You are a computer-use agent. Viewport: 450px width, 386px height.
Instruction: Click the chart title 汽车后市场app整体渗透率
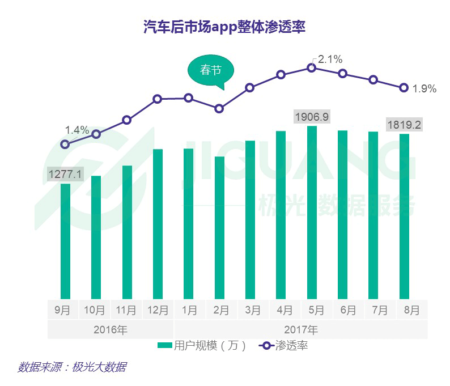pos(224,27)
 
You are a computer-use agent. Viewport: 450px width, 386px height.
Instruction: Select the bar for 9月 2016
pos(65,241)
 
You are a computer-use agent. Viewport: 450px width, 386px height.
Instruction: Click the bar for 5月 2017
pos(312,213)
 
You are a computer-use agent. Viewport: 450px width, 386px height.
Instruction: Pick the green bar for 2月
pos(219,227)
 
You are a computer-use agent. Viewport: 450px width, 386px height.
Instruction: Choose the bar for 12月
pos(158,224)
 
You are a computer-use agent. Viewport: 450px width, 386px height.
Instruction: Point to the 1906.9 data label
pos(312,117)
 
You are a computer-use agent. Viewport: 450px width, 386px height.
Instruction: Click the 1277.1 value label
pos(65,175)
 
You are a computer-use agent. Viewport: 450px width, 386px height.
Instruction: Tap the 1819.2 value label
pos(404,125)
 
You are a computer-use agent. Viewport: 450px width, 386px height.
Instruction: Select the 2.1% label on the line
pos(330,60)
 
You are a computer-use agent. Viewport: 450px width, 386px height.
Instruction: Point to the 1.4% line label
pos(77,130)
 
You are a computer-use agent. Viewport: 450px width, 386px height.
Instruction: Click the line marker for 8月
pos(404,88)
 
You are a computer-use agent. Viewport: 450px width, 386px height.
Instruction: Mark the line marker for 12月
pos(158,99)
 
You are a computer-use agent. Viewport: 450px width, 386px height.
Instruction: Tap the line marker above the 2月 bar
pos(219,108)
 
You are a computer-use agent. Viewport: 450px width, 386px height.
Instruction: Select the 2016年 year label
pos(111,329)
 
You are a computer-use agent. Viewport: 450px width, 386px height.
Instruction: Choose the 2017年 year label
pos(301,329)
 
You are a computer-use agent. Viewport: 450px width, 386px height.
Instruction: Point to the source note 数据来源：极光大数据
pos(71,367)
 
